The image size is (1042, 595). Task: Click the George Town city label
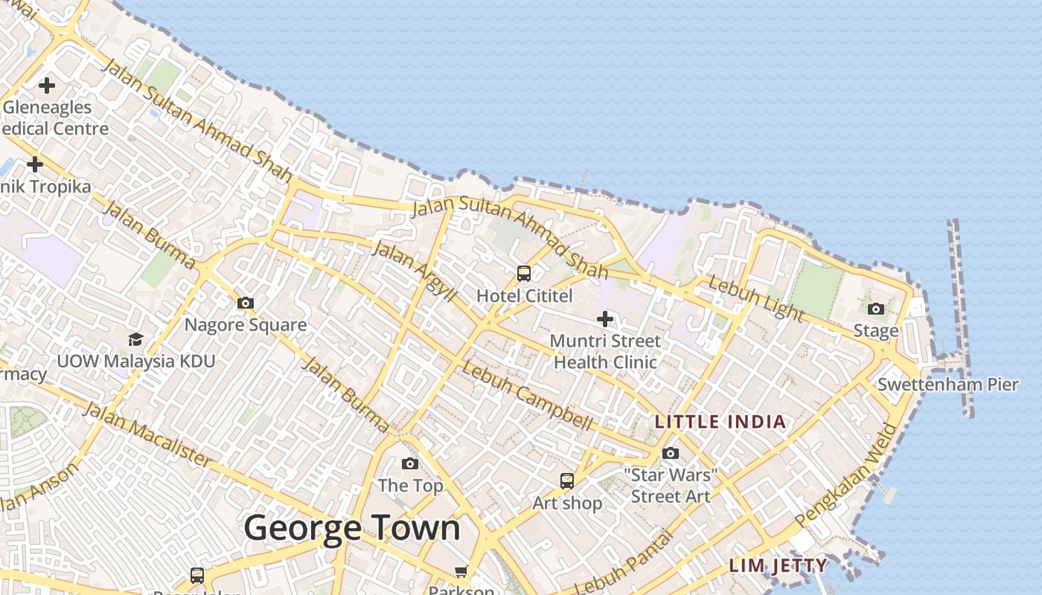pos(352,528)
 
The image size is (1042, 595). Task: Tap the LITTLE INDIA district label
pos(720,422)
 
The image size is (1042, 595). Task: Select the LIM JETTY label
pos(778,565)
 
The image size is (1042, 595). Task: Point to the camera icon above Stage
pos(876,309)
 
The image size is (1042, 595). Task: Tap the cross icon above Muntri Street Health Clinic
pos(605,319)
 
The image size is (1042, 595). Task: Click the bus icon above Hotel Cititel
pos(524,274)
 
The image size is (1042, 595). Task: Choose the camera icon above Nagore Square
pos(246,303)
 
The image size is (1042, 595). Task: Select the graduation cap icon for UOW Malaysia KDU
pos(135,339)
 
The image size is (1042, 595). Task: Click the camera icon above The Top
pos(409,463)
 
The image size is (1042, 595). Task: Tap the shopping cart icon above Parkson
pos(461,571)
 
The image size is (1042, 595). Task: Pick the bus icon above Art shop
pos(567,481)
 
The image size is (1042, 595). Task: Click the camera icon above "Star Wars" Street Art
pos(671,453)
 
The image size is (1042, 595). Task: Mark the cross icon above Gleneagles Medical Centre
pos(47,86)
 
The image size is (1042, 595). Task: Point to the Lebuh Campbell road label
pos(527,396)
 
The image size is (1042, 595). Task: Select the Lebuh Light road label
pos(755,298)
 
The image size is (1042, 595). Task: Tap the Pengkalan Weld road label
pos(846,476)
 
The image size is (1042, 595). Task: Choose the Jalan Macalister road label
pos(147,434)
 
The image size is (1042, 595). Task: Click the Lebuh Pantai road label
pos(624,562)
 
